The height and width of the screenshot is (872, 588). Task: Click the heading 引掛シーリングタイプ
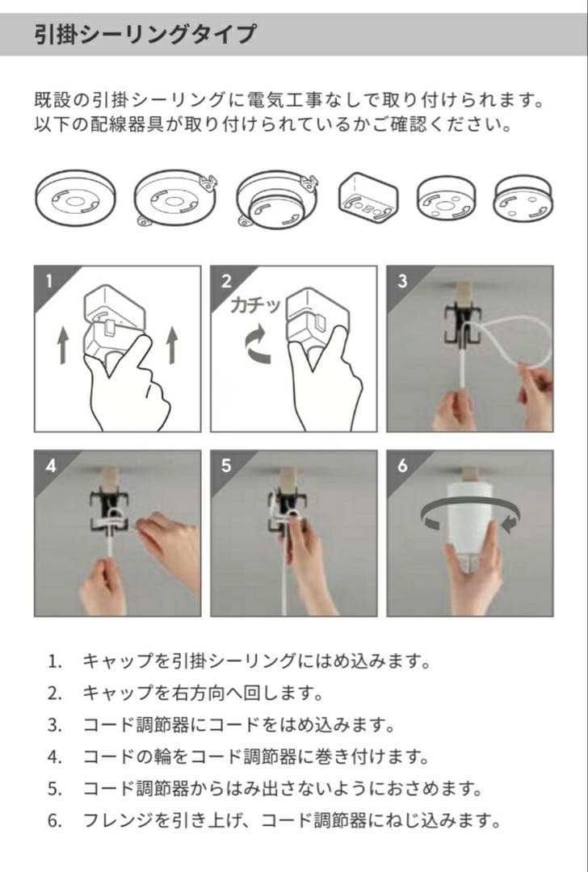145,35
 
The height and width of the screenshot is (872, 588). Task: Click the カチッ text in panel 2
255,306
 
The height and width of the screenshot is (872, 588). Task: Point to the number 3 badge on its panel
401,282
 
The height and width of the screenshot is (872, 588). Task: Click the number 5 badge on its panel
225,467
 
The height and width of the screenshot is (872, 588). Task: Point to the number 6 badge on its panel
401,467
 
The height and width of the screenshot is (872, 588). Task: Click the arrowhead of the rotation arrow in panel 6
510,525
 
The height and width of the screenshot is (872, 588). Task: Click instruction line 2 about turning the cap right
202,693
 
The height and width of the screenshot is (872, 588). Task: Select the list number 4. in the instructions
54,757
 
